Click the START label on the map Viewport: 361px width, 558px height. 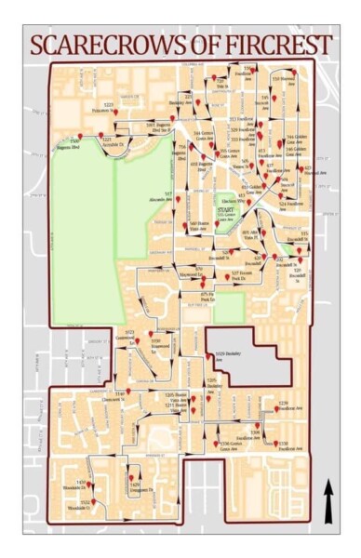click(225, 211)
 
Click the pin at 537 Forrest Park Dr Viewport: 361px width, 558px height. click(226, 269)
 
